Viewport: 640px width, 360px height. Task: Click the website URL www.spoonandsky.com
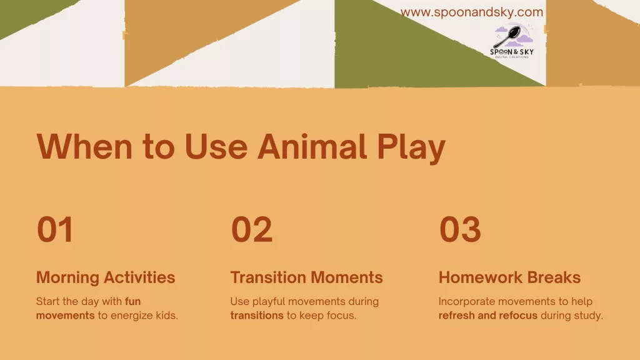click(471, 12)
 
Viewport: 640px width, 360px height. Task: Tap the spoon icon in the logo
click(507, 37)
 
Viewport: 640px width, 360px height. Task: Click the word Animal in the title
click(312, 146)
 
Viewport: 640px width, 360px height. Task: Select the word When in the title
click(84, 146)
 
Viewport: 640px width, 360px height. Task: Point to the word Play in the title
click(411, 147)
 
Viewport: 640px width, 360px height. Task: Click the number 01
click(55, 229)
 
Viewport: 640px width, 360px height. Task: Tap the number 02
click(251, 229)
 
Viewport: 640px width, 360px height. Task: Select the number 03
click(460, 229)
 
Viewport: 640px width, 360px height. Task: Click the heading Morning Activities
click(106, 277)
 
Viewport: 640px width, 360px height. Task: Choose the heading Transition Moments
click(306, 277)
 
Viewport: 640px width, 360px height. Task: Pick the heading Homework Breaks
click(509, 277)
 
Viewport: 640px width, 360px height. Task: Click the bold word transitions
click(257, 316)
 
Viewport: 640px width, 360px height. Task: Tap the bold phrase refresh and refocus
click(488, 316)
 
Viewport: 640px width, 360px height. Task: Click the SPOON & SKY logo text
click(512, 52)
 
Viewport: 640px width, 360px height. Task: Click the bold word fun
click(133, 301)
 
